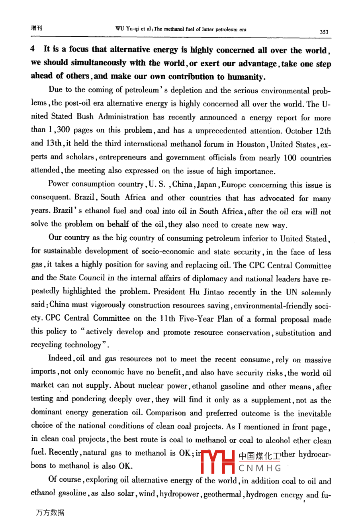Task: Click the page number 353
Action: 324,32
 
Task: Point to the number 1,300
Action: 59,130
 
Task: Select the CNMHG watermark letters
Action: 260,468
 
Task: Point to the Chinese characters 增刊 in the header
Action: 36,28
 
